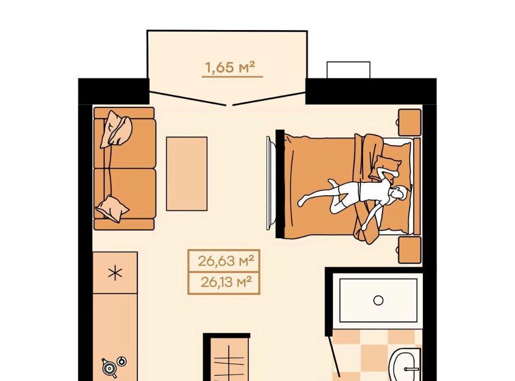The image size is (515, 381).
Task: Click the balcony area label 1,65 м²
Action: (x=230, y=67)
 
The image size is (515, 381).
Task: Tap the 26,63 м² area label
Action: (x=226, y=261)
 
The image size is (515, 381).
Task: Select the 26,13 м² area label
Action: (x=226, y=282)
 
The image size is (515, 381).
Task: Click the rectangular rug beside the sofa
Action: (x=187, y=174)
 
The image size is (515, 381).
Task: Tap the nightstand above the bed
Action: (x=409, y=122)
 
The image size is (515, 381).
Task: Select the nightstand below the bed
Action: (x=409, y=250)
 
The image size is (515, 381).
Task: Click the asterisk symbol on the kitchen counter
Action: (x=115, y=273)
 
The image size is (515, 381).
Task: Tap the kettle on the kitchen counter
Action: (x=109, y=368)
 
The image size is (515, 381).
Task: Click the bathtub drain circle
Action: (x=378, y=300)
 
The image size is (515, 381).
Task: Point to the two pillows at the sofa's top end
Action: (x=116, y=129)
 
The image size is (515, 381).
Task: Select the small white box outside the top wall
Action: (x=349, y=70)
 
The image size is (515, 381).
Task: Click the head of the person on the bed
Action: (x=399, y=194)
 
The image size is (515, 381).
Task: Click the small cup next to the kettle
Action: (x=122, y=361)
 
